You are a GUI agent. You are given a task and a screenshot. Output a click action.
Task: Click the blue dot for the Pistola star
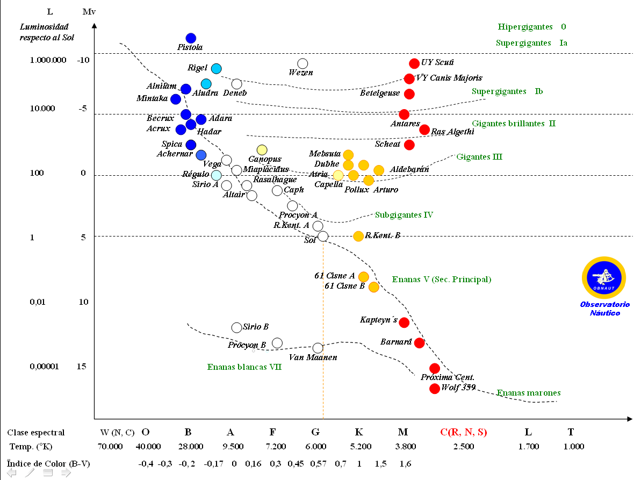pos(191,38)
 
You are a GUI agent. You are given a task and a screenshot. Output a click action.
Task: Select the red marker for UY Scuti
pos(414,63)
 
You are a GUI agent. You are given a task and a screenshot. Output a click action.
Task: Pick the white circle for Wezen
pos(303,63)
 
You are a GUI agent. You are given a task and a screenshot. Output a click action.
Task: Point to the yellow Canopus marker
pos(262,150)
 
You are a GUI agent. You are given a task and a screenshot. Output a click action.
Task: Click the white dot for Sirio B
pos(236,327)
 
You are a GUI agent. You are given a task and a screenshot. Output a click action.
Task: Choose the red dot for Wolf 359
pos(435,389)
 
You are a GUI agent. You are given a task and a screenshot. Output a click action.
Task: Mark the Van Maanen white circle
pos(318,348)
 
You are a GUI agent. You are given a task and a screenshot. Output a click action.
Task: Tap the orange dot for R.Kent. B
pos(358,236)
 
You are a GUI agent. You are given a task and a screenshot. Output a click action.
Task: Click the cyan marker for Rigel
pos(216,68)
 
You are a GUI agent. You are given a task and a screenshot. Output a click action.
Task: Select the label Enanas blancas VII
pos(244,367)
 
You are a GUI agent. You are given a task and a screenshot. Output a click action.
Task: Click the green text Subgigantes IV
pos(404,215)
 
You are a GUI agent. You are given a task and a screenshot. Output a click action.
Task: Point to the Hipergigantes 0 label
pos(532,26)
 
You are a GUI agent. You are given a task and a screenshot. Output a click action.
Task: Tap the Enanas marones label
pos(529,393)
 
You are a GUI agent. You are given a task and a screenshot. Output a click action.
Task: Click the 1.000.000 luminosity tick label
pos(48,60)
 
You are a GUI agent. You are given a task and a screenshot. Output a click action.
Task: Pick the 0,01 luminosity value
pos(38,302)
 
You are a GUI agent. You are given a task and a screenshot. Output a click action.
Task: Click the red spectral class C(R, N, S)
pos(463,432)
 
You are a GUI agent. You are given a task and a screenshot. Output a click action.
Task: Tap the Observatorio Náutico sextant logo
pos(604,277)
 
